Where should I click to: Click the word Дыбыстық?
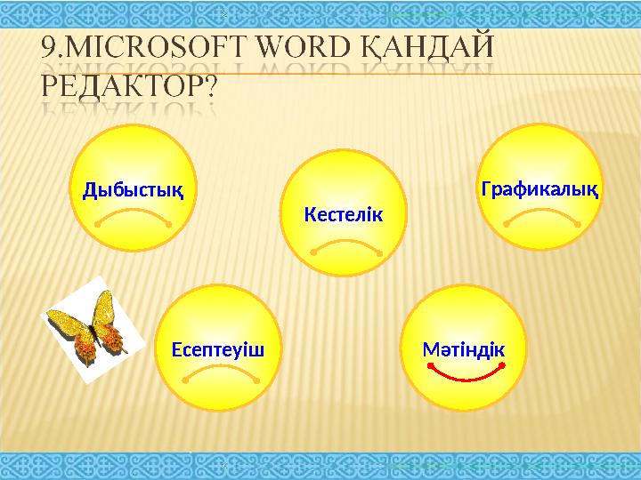[x=133, y=189]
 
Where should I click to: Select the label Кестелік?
[x=343, y=214]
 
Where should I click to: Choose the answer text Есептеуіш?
[x=217, y=348]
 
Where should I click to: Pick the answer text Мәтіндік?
[x=463, y=348]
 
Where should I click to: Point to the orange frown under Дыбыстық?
[x=134, y=214]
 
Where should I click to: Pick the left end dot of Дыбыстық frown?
[x=96, y=225]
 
